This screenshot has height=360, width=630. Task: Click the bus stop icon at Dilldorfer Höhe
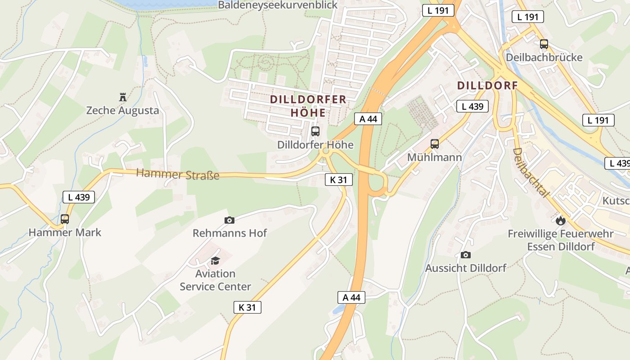pos(315,131)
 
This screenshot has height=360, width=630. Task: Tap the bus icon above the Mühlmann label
pos(434,144)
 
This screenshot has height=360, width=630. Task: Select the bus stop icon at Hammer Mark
pos(65,219)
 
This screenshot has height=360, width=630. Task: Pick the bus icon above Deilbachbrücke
pos(544,44)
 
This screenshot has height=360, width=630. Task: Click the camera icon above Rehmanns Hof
pos(229,220)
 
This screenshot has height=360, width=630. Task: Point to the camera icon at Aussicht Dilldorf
pos(466,255)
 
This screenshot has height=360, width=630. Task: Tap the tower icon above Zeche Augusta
pos(122,97)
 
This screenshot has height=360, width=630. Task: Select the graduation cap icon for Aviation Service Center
pos(216,261)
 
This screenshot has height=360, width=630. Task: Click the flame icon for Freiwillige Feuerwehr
pos(560,220)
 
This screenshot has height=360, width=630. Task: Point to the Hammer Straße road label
pos(178,174)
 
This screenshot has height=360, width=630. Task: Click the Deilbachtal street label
pos(531,173)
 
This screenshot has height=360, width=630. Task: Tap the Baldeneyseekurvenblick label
pos(278,5)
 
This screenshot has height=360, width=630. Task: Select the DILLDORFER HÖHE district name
pos(308,106)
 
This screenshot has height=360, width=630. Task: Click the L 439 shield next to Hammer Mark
pos(79,197)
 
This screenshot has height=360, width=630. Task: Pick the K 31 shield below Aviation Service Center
pos(247,307)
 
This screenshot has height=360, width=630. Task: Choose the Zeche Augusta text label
pos(122,110)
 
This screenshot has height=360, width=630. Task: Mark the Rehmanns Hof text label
pos(229,233)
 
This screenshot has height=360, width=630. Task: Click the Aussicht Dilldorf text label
pos(466,268)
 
